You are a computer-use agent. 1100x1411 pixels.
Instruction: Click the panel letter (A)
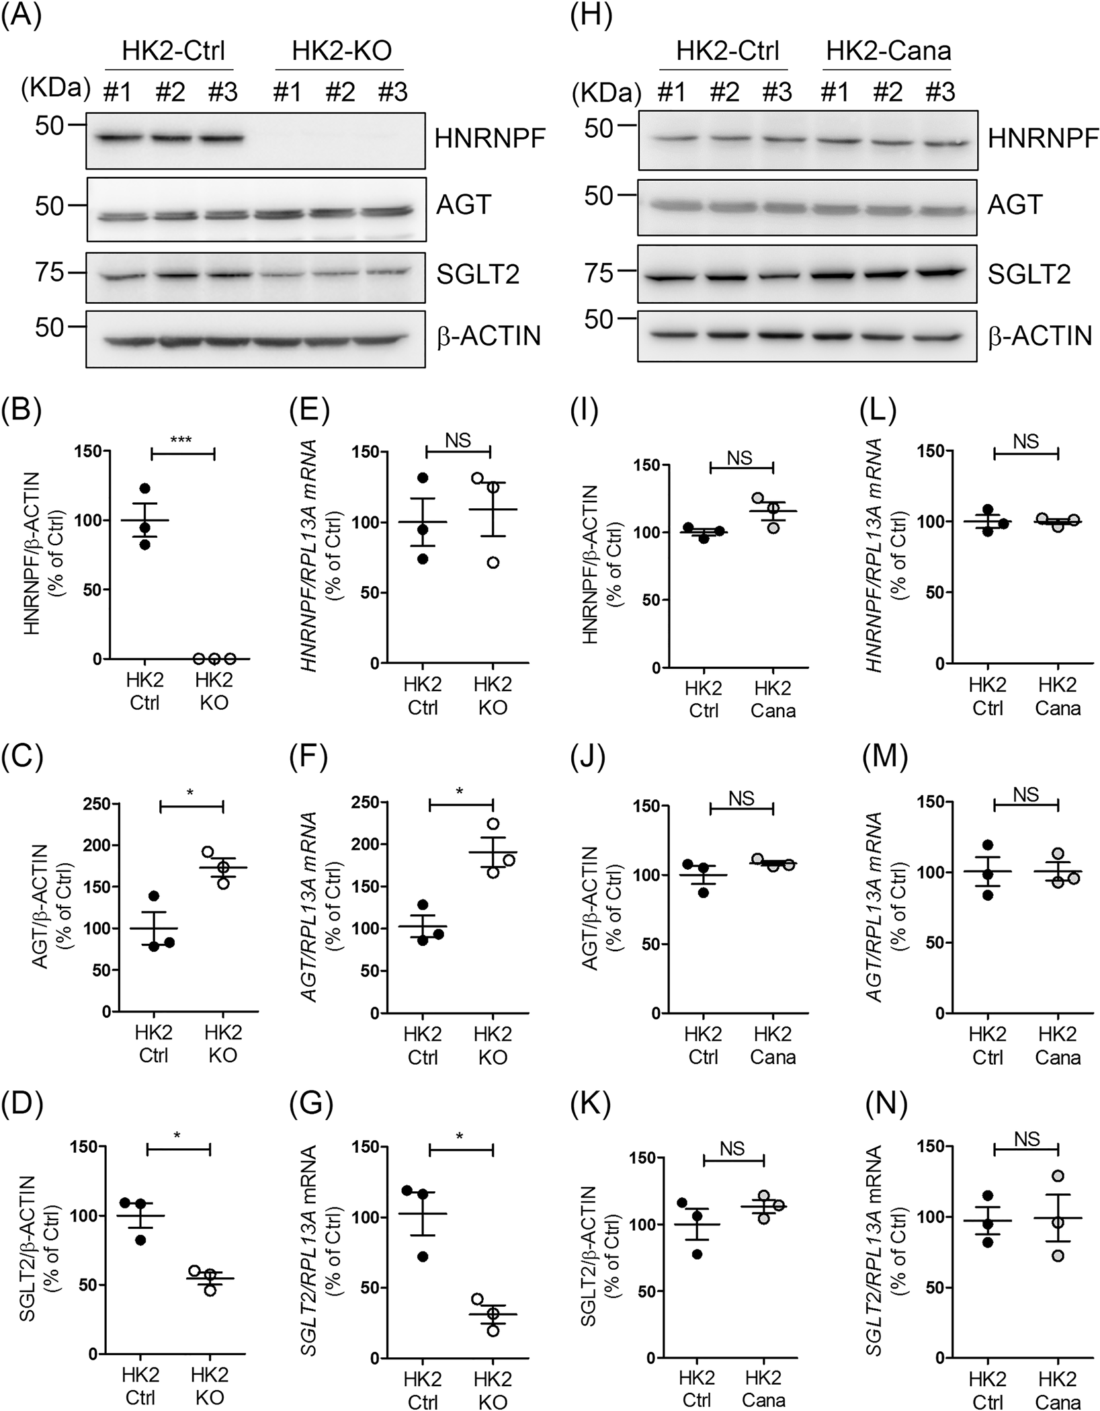tap(22, 15)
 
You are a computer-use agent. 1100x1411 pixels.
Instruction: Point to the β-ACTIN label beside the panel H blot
tap(1040, 336)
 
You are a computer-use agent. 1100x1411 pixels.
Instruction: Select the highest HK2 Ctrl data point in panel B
tap(145, 488)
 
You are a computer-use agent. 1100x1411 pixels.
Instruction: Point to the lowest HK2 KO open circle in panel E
tap(493, 562)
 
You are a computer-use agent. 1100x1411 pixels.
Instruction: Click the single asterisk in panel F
tap(459, 791)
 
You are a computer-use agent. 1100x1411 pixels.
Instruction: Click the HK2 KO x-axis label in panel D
tap(212, 1389)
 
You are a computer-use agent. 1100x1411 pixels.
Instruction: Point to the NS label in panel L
tap(1025, 441)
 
